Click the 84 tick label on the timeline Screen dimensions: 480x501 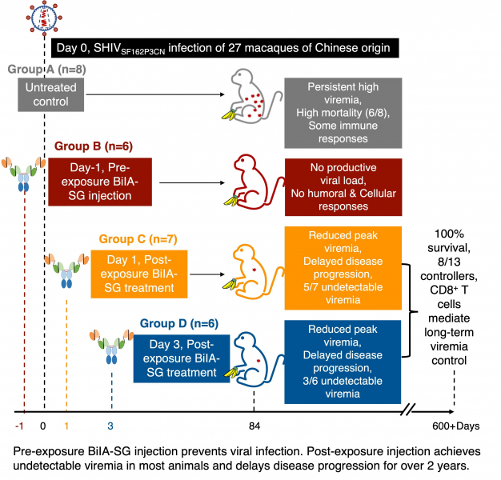coord(254,426)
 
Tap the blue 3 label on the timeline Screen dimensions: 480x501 coord(111,426)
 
